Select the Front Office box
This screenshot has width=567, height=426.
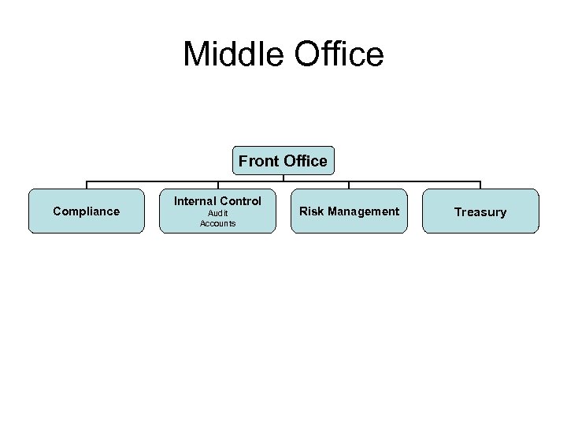(x=283, y=161)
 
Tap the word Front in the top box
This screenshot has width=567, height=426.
(x=258, y=161)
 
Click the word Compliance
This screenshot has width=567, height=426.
(x=87, y=211)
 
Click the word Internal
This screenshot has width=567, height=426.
(x=196, y=201)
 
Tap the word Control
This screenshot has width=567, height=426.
(x=241, y=201)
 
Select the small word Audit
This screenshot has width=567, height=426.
(x=217, y=214)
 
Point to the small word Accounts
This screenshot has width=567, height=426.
(x=217, y=224)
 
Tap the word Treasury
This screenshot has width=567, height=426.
(x=480, y=212)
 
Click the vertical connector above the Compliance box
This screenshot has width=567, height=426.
(x=87, y=185)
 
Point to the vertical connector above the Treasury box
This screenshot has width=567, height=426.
(x=480, y=185)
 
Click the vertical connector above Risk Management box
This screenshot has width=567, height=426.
(x=349, y=185)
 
